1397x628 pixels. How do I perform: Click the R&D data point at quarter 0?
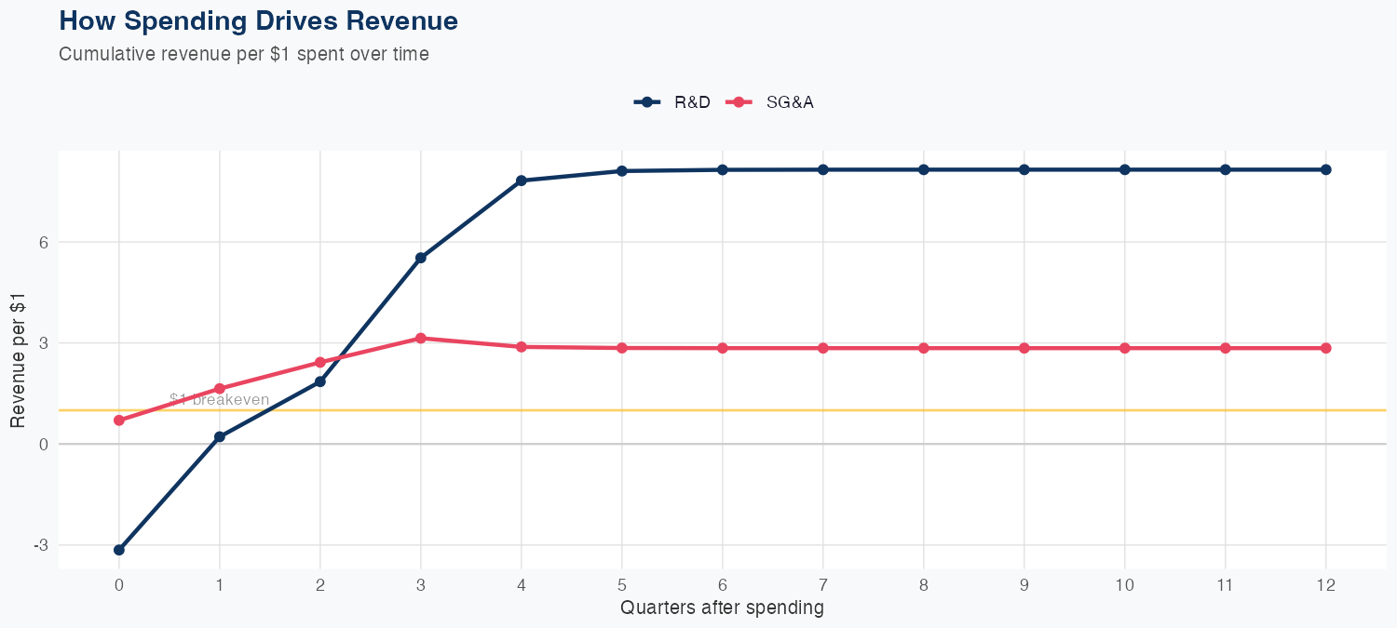pos(119,550)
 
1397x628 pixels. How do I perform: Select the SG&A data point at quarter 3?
pos(421,339)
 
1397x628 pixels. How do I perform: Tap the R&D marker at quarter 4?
pos(522,180)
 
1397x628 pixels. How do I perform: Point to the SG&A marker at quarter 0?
pos(119,421)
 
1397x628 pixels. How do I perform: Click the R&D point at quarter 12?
pos(1326,169)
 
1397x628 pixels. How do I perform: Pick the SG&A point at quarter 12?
pos(1326,348)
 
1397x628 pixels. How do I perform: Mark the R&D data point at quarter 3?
pos(421,258)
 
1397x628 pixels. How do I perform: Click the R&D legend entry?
pos(671,102)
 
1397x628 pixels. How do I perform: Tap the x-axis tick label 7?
pos(823,585)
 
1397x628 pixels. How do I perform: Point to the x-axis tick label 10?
pos(1125,585)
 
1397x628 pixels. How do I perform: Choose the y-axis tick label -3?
pos(40,545)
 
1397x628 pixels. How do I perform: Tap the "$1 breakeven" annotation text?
pos(220,400)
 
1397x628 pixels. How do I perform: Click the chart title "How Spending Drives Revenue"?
pos(258,20)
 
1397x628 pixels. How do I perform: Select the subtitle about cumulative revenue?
pos(244,54)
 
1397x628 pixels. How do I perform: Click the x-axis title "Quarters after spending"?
pos(722,608)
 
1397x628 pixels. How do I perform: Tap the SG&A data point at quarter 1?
pos(220,389)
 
